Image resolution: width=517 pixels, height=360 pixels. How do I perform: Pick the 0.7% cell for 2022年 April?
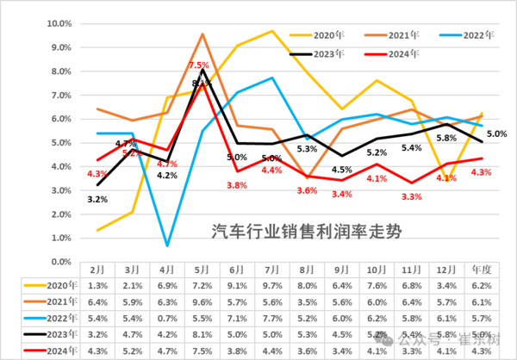point(166,318)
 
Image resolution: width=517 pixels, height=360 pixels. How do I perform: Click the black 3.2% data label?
point(98,200)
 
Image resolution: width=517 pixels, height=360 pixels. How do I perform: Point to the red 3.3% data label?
point(411,197)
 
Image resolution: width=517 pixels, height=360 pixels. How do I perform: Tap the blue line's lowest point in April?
point(167,246)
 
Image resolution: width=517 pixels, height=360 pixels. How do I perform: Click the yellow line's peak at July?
point(272,31)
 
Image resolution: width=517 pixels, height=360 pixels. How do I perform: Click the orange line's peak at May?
point(202,34)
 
